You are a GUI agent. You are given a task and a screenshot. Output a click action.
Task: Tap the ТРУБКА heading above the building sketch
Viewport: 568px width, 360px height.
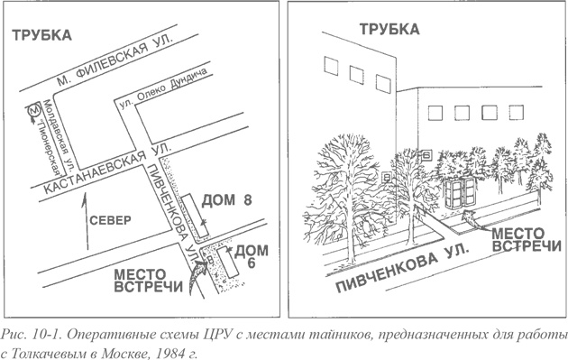(389, 29)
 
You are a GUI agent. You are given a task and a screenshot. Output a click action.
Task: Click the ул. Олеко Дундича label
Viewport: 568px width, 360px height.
(168, 91)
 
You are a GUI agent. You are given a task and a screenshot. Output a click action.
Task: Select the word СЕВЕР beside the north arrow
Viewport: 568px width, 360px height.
(110, 220)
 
